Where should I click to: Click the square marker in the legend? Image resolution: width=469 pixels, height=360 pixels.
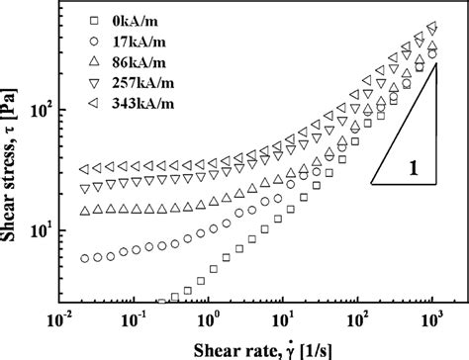[x=91, y=20]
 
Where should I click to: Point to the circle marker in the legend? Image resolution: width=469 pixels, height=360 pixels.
[x=91, y=41]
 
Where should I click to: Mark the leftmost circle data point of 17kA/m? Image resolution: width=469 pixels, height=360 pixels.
[x=84, y=258]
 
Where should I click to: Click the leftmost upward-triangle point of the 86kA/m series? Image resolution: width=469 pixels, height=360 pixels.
[x=84, y=211]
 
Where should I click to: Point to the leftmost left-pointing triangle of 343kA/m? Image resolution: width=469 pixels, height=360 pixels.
[x=84, y=170]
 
